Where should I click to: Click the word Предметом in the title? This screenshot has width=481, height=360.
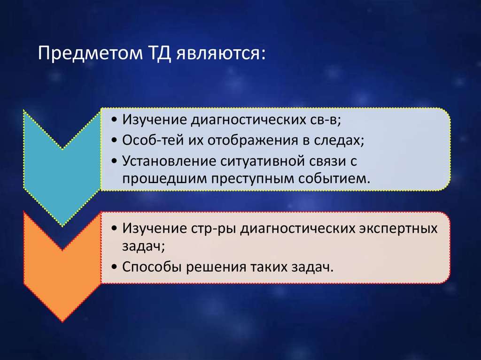(x=90, y=54)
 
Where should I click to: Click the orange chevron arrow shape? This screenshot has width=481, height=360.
(x=62, y=266)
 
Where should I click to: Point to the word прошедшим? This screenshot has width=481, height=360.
(x=164, y=179)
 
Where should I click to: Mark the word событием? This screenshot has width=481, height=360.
(x=331, y=178)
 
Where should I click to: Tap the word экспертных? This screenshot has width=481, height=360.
(x=398, y=229)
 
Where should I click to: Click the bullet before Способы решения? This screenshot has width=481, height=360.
(x=115, y=268)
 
